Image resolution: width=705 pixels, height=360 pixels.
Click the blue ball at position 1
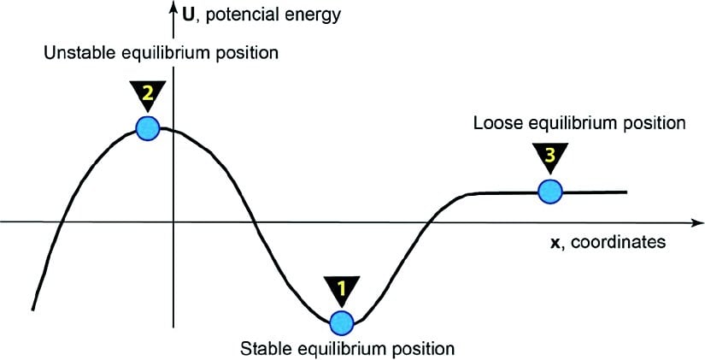tap(341, 322)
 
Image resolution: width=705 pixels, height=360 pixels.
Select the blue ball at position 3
tap(549, 191)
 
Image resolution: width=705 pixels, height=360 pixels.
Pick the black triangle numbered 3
tap(549, 156)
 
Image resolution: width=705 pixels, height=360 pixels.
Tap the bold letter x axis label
tap(555, 242)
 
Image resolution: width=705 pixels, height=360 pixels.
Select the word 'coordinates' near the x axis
tap(618, 242)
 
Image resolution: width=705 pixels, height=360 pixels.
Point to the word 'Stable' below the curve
tap(262, 348)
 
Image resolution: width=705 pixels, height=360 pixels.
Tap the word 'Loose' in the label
tap(493, 123)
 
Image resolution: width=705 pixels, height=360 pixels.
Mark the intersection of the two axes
tap(173, 222)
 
